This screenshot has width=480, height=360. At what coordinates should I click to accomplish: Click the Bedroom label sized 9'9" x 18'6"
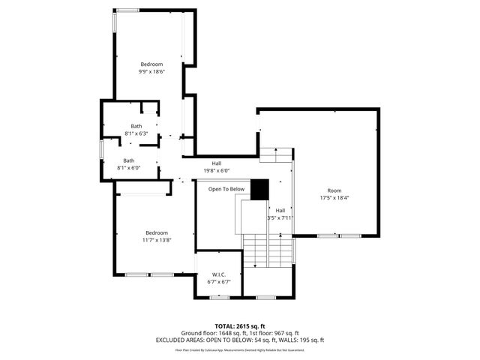pyautogui.click(x=151, y=64)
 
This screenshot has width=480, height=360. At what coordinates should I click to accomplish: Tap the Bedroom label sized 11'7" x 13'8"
pyautogui.click(x=157, y=232)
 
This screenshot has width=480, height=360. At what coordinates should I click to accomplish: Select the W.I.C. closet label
pyautogui.click(x=218, y=274)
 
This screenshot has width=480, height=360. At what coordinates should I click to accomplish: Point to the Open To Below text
pyautogui.click(x=226, y=189)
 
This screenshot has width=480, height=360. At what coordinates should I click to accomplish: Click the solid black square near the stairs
pyautogui.click(x=259, y=189)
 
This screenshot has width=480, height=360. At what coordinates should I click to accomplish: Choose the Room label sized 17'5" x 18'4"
pyautogui.click(x=334, y=190)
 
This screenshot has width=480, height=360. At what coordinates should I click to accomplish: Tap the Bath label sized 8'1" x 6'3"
pyautogui.click(x=136, y=126)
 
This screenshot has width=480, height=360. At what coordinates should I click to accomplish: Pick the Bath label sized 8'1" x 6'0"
pyautogui.click(x=129, y=160)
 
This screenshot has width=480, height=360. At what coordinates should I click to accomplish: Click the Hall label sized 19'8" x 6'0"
pyautogui.click(x=216, y=163)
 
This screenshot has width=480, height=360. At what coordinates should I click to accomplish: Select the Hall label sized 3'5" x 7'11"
pyautogui.click(x=280, y=210)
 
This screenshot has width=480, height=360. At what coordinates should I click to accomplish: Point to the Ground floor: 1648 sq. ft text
pyautogui.click(x=213, y=333)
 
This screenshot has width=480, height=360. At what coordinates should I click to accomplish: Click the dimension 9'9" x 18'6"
pyautogui.click(x=151, y=72)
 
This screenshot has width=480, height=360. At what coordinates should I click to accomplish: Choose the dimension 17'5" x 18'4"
pyautogui.click(x=334, y=198)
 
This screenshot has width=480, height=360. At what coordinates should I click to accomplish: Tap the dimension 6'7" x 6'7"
pyautogui.click(x=218, y=282)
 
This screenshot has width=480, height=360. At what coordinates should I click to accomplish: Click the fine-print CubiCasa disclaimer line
pyautogui.click(x=240, y=349)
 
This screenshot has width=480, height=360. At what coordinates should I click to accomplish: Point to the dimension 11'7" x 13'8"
pyautogui.click(x=157, y=240)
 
